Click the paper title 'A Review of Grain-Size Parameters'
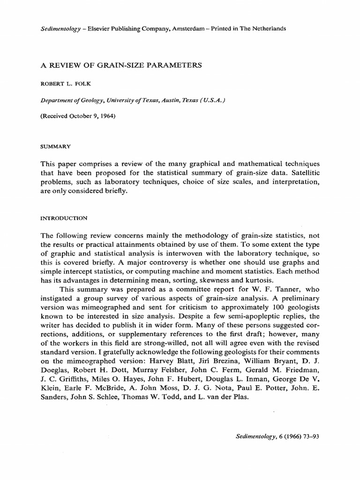[121, 65]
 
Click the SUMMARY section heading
[56, 146]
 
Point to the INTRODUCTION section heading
[62, 218]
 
